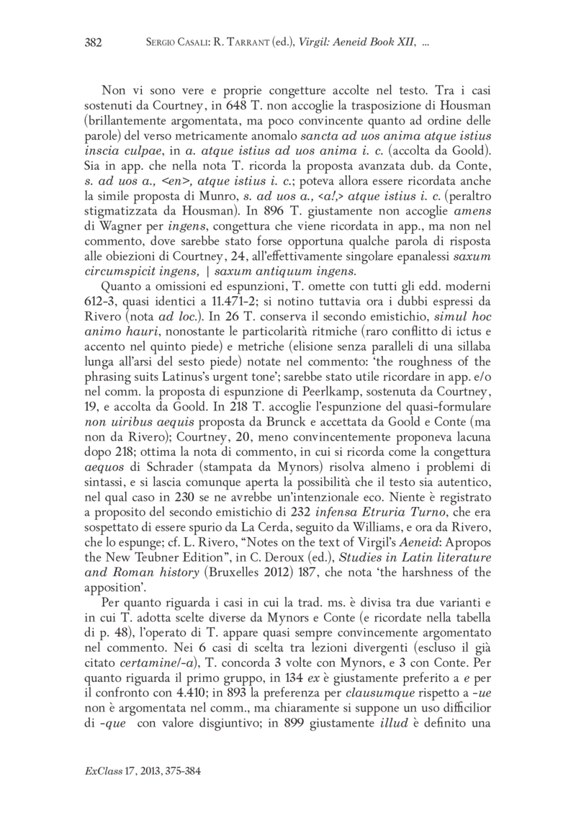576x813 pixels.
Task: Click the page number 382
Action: point(94,42)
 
